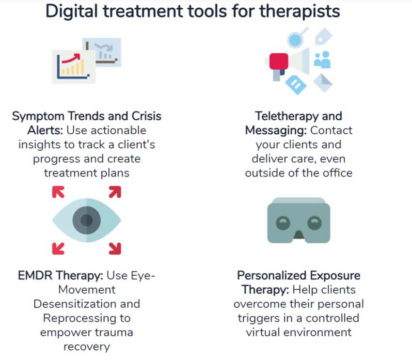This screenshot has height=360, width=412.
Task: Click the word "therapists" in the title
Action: click(x=300, y=12)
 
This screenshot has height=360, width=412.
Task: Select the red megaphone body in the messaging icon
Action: click(x=279, y=61)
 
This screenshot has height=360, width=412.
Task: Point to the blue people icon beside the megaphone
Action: click(x=322, y=60)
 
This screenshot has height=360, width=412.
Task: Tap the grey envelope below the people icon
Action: click(x=323, y=83)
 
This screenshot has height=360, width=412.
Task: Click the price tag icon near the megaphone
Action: click(x=323, y=36)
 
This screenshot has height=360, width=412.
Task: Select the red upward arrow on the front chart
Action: click(x=71, y=58)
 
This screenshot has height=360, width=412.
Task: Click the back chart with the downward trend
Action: click(x=102, y=52)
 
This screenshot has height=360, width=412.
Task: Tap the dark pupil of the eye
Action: click(x=86, y=220)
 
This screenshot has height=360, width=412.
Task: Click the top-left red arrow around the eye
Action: click(x=58, y=192)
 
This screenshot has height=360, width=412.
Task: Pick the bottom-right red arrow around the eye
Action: click(x=115, y=249)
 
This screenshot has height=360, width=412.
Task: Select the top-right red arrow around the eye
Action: click(x=115, y=192)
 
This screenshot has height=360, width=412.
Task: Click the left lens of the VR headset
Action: click(x=283, y=223)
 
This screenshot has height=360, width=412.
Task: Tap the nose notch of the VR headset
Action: click(x=299, y=235)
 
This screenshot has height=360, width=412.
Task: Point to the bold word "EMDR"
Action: click(x=35, y=275)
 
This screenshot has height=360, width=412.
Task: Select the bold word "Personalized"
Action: click(x=272, y=275)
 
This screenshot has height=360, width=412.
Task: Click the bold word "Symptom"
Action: click(x=38, y=116)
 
